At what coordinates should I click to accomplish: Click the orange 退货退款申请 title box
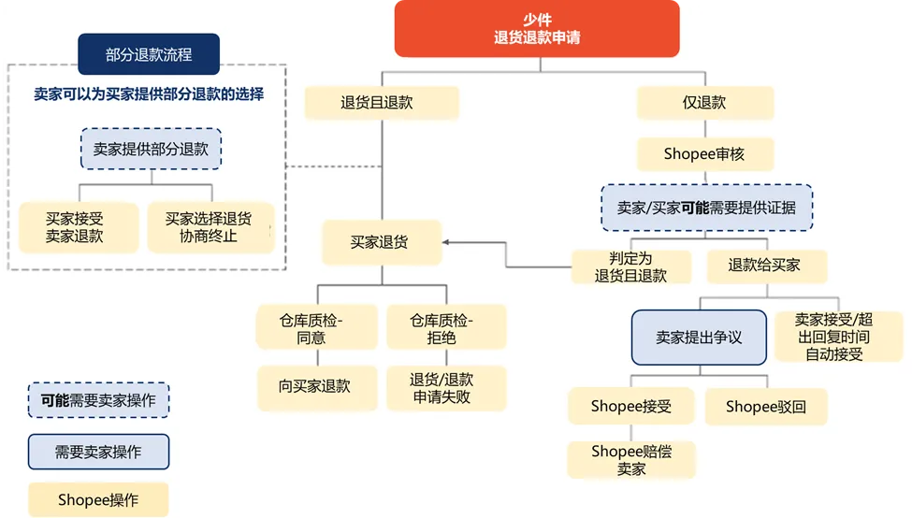(x=536, y=29)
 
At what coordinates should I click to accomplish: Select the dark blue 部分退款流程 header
(x=149, y=54)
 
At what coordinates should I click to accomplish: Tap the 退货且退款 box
(x=381, y=103)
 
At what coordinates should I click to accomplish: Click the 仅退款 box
(x=704, y=103)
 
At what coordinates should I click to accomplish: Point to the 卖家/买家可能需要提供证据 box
(x=706, y=208)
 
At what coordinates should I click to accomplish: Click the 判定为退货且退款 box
(x=631, y=266)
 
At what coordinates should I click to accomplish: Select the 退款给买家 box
(x=764, y=266)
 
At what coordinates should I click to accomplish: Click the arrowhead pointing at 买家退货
(x=447, y=242)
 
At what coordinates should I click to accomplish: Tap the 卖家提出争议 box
(x=699, y=338)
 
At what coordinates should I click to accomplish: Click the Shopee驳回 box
(x=765, y=407)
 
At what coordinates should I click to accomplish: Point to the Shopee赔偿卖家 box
(x=631, y=460)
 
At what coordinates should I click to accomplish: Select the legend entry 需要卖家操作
(x=98, y=452)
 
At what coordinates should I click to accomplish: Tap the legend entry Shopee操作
(x=98, y=500)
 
